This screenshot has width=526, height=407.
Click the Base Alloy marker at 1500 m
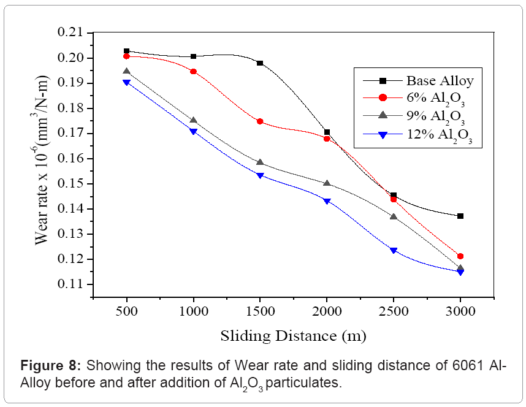coord(260,63)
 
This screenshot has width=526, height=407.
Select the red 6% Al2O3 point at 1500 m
coord(260,121)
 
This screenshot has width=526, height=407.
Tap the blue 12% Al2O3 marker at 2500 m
coord(394,251)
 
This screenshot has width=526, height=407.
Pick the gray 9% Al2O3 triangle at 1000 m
coord(193,120)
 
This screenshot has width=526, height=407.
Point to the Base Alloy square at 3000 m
coord(460,216)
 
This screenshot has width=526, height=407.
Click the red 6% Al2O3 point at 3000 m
coord(460,256)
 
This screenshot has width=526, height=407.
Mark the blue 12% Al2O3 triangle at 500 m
coord(126,82)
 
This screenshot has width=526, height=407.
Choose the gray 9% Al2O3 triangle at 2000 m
coord(327,183)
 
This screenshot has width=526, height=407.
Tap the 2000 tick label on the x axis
coord(327,311)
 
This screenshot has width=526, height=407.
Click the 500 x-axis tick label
coord(126,311)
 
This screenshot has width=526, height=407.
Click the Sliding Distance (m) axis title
coord(293,336)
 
